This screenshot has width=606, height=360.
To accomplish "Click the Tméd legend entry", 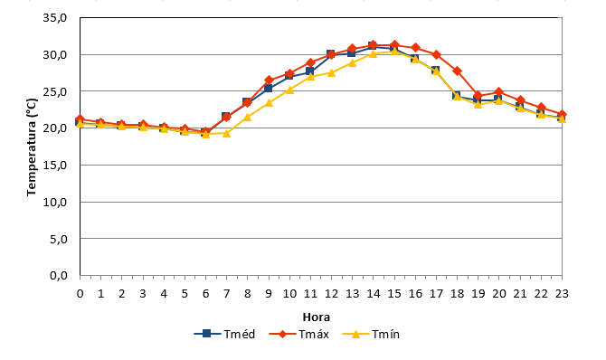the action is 224,334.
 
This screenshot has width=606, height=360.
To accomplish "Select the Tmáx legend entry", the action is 299,334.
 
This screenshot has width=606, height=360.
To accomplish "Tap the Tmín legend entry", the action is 371,334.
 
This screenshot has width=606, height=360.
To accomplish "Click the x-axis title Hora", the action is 317,317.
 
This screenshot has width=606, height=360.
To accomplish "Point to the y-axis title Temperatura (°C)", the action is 32,147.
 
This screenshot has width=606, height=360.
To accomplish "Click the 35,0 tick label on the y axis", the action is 55,18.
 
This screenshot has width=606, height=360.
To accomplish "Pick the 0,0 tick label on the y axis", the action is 59,276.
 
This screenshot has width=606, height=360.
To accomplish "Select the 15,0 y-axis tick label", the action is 55,166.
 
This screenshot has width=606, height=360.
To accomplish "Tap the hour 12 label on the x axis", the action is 331,294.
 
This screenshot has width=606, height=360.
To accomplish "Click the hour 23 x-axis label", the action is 562,294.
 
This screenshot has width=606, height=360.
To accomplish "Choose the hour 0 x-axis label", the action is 80,294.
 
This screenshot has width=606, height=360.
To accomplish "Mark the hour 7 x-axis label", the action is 226,294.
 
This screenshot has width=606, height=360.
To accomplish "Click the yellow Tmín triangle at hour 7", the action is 226,133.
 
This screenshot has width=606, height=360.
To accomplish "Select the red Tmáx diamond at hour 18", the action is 457,71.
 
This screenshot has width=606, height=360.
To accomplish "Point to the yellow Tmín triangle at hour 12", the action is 331,72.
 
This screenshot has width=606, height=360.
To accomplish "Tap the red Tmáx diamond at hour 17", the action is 436,55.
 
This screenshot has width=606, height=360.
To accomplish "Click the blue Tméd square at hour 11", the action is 310,71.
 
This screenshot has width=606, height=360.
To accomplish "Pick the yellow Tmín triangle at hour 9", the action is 269,103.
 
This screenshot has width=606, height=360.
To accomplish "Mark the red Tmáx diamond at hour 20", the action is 499,92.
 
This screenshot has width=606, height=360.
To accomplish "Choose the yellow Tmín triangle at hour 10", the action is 289,90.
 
